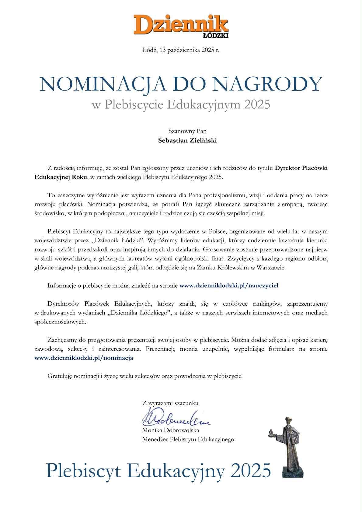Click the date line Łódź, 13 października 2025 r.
pos(181,50)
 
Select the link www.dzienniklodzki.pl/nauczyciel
pos(229,286)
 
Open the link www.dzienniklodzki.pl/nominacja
pos(84,358)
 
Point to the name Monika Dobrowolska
pos(170,430)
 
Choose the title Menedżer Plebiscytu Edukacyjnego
pos(188,439)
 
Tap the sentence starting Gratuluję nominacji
pos(145,376)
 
